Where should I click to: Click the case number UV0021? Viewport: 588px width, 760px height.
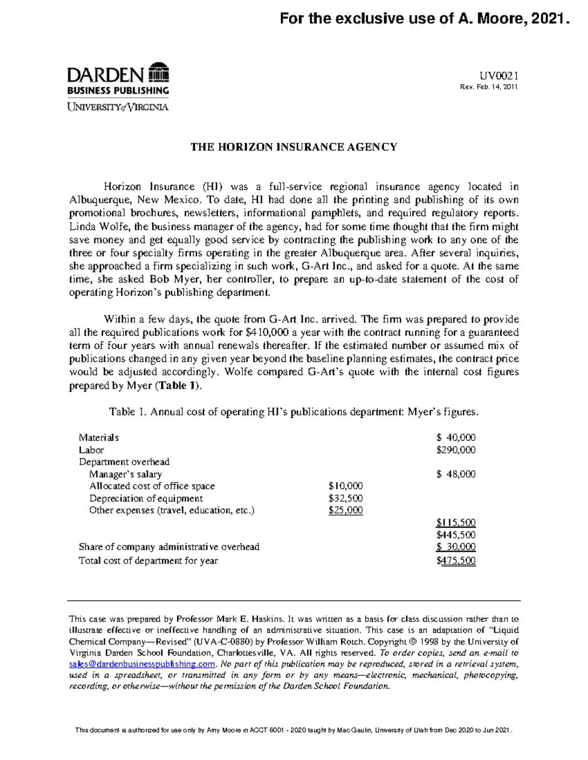pyautogui.click(x=498, y=76)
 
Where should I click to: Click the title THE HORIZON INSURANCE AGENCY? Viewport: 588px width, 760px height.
pyautogui.click(x=294, y=147)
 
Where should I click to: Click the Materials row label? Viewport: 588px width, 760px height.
pyautogui.click(x=99, y=438)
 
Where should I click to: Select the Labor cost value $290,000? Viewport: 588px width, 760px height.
pyautogui.click(x=456, y=450)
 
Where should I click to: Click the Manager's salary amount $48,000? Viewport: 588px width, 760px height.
pyautogui.click(x=456, y=474)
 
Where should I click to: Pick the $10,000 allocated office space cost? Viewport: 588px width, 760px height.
pyautogui.click(x=345, y=486)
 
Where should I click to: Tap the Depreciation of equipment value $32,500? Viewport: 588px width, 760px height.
pyautogui.click(x=345, y=498)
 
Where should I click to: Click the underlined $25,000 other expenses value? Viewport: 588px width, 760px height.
pyautogui.click(x=345, y=510)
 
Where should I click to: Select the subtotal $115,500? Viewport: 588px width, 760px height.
pyautogui.click(x=456, y=522)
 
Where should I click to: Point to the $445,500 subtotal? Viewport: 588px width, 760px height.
pyautogui.click(x=456, y=534)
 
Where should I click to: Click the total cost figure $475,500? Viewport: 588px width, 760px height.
pyautogui.click(x=456, y=560)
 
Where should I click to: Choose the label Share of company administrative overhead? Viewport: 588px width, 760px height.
pyautogui.click(x=169, y=547)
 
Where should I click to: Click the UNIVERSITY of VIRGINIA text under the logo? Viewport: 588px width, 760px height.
pyautogui.click(x=118, y=107)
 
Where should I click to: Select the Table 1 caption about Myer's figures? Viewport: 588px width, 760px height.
pyautogui.click(x=294, y=412)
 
